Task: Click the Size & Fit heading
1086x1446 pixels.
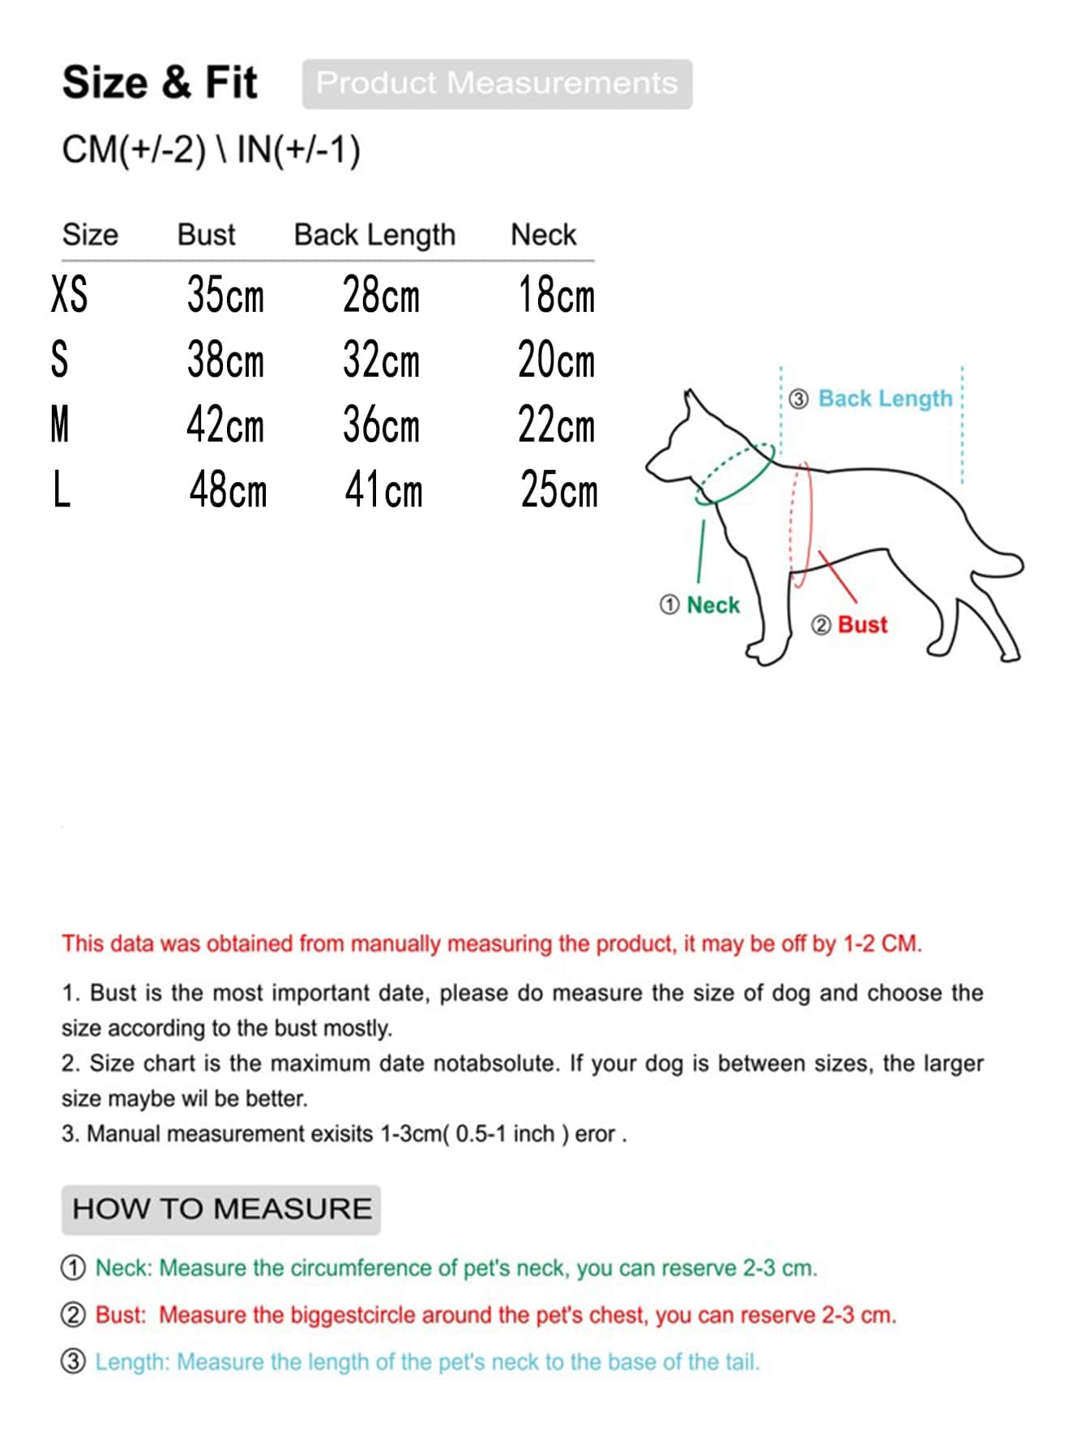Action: tap(160, 83)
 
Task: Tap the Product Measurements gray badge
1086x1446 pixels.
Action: tap(497, 83)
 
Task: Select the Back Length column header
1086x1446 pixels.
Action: tap(374, 235)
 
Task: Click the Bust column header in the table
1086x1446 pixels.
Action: tap(206, 235)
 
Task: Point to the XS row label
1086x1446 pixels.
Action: tap(69, 294)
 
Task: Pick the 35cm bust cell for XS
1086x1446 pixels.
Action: tap(225, 295)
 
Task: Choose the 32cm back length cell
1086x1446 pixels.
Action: tap(381, 360)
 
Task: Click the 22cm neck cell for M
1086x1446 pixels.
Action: tap(556, 425)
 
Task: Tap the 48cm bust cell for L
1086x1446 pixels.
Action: tap(228, 491)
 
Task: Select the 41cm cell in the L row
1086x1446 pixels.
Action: tap(383, 491)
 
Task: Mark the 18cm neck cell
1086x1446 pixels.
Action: tap(556, 295)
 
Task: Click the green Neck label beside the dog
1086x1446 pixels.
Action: tap(713, 605)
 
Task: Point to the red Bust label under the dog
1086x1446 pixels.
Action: tap(862, 625)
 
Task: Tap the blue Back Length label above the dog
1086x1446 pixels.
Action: tap(885, 399)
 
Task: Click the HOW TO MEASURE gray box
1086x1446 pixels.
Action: tap(221, 1209)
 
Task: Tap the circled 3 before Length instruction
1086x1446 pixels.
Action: tap(73, 1362)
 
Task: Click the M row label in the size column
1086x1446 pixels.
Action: tap(60, 425)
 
